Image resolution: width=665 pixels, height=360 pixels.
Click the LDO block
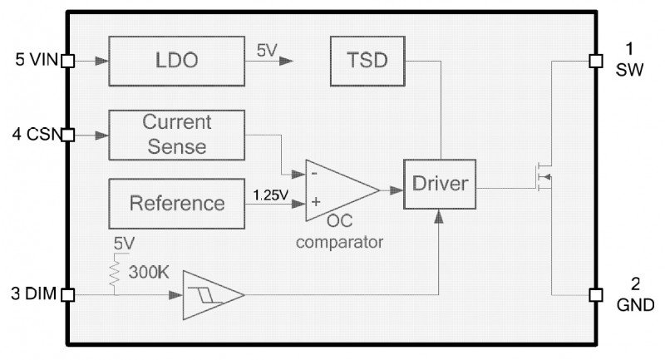[x=177, y=61]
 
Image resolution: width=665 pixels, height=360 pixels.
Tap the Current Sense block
[x=177, y=135]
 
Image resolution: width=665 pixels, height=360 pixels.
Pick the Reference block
[x=177, y=203]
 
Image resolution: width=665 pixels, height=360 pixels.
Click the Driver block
[x=441, y=184]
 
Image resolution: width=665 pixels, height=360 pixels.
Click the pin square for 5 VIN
[x=68, y=61]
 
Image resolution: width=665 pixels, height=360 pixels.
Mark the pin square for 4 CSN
[x=68, y=135]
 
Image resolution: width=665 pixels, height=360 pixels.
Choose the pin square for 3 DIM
[x=68, y=294]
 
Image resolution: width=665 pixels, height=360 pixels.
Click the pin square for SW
[x=595, y=61]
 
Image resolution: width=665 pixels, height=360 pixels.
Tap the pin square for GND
[x=595, y=294]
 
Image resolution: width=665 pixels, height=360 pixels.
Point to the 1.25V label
[x=270, y=195]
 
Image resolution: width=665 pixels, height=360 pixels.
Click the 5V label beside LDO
[x=267, y=51]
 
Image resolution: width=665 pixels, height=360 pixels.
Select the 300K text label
[x=150, y=272]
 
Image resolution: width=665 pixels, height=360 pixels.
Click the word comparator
[x=339, y=243]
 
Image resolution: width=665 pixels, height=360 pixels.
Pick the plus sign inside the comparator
[x=316, y=202]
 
